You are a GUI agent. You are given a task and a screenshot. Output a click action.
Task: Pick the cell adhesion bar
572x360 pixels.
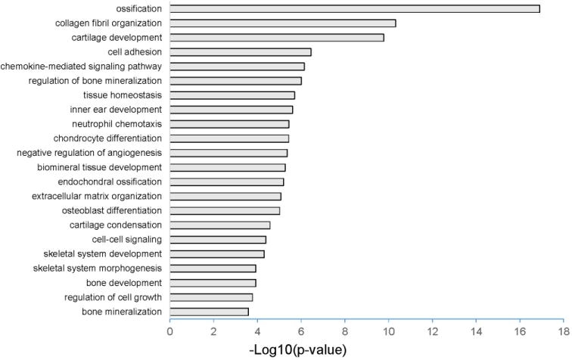pyautogui.click(x=240, y=52)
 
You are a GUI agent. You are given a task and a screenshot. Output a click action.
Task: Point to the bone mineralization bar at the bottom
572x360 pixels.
pyautogui.click(x=209, y=312)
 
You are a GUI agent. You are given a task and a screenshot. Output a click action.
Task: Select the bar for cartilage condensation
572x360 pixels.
pyautogui.click(x=219, y=225)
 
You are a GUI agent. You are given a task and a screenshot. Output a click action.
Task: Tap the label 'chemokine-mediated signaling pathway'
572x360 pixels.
pyautogui.click(x=81, y=67)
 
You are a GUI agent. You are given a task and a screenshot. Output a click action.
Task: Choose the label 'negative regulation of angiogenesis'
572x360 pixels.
pyautogui.click(x=89, y=153)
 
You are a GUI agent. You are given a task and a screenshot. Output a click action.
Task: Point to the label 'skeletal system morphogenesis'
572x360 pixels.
pyautogui.click(x=98, y=268)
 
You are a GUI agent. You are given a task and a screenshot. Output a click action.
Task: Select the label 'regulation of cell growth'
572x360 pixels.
pyautogui.click(x=113, y=297)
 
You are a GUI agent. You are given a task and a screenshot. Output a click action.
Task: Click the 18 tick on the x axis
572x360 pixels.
pyautogui.click(x=563, y=331)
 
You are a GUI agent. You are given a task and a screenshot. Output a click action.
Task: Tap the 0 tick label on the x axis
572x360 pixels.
pyautogui.click(x=169, y=331)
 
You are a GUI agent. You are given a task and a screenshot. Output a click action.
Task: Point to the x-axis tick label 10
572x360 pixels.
pyautogui.click(x=388, y=331)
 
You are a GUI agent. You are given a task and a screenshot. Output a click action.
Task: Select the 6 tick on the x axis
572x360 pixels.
pyautogui.click(x=301, y=331)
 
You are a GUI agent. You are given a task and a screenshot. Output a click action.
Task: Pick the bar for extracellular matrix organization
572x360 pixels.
pyautogui.click(x=225, y=196)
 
